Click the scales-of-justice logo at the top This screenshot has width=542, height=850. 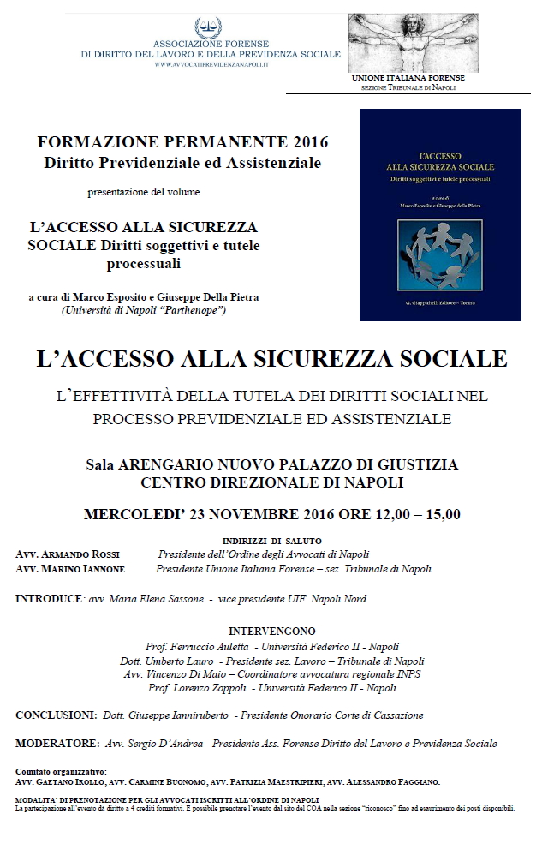206,27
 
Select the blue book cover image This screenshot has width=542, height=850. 441,214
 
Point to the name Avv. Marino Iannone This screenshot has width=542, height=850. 70,568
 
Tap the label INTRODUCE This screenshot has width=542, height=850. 48,597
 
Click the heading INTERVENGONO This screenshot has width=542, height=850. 271,633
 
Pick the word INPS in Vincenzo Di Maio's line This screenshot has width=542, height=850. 405,674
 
